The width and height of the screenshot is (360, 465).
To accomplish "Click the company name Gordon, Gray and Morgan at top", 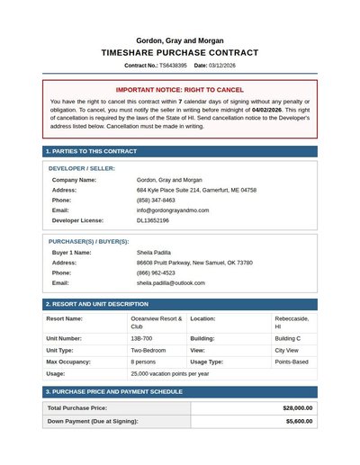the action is click(180, 40).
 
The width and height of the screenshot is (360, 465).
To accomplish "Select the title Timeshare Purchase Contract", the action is click(180, 53).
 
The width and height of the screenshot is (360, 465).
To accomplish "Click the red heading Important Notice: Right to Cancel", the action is click(180, 90).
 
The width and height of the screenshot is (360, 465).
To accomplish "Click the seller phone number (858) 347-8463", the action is click(156, 200).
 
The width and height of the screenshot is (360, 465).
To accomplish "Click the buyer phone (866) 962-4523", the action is click(156, 273).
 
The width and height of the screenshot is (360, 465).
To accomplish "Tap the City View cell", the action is click(289, 350).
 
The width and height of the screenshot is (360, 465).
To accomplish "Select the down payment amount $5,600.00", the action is click(298, 421).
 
